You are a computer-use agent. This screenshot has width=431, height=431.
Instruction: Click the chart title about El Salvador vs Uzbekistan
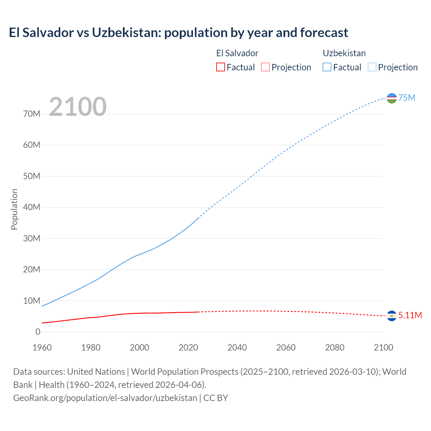178,33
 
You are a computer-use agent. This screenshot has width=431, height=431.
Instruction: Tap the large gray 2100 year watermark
78,107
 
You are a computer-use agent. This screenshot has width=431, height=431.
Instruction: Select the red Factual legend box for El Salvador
220,67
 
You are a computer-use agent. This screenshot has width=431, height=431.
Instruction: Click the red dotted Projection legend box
265,67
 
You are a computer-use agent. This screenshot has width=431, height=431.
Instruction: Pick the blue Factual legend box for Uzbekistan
327,67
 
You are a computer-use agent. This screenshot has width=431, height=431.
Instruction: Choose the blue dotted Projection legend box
372,67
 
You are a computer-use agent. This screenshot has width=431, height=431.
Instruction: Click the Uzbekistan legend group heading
344,53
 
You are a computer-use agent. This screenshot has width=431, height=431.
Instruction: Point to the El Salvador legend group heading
237,53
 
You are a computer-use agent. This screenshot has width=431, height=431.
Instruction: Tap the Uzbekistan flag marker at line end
392,98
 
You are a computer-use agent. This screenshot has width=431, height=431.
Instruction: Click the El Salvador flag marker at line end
392,316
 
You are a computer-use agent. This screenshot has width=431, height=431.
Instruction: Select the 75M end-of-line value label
407,98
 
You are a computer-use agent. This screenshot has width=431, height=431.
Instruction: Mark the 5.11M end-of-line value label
410,315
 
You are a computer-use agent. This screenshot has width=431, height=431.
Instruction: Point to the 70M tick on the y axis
32,114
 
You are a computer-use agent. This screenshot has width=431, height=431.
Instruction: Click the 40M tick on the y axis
32,207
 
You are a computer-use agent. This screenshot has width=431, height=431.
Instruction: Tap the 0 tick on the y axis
38,332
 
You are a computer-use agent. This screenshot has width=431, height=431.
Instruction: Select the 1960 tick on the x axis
42,347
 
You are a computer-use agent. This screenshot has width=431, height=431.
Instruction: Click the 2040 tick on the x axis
237,347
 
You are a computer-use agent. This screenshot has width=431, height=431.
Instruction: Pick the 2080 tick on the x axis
335,347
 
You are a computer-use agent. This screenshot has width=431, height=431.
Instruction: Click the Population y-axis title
14,209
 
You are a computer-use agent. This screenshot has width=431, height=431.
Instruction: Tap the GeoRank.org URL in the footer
105,398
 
